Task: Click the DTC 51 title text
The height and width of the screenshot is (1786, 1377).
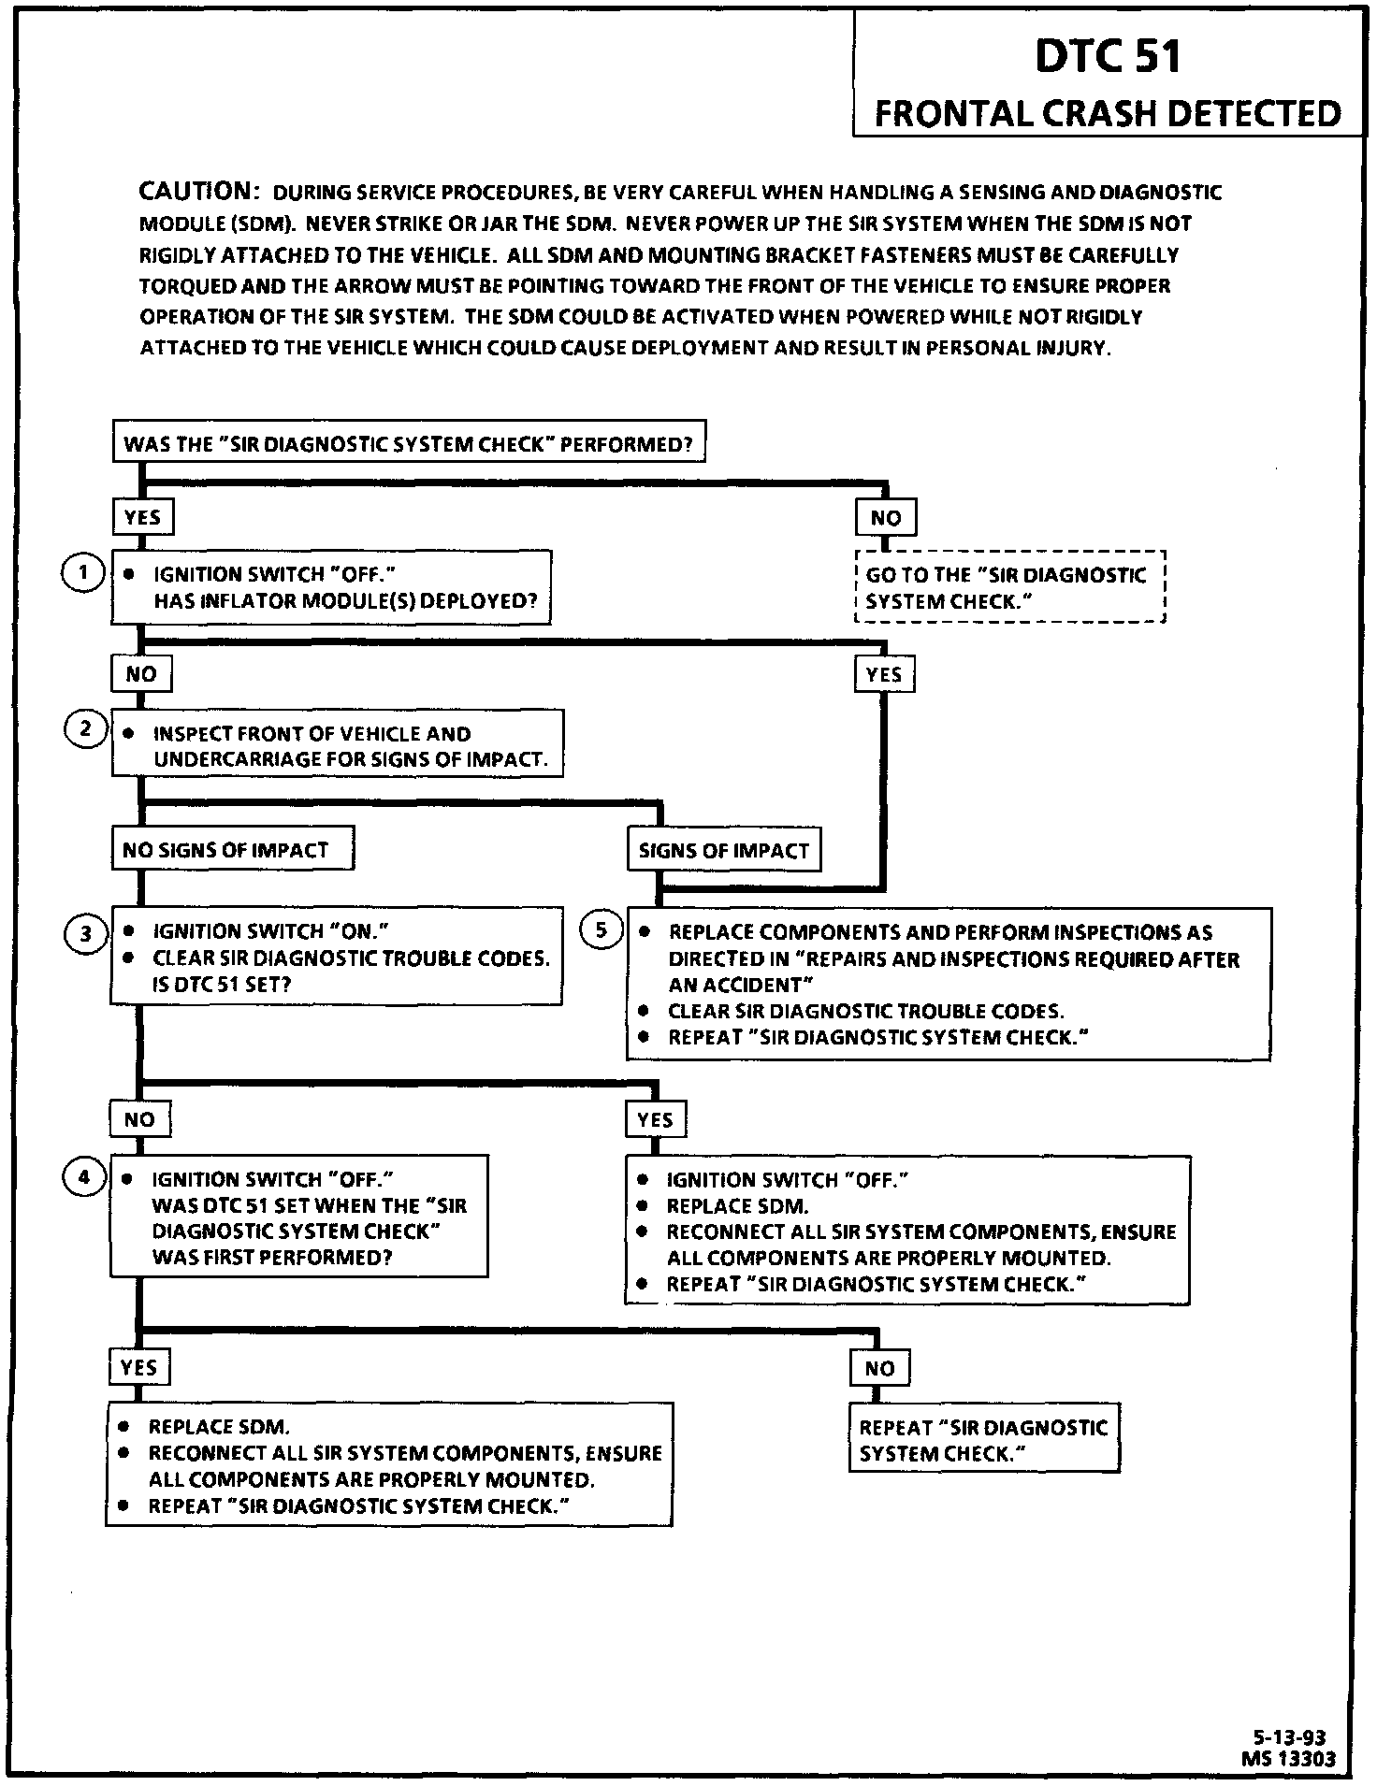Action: [x=1108, y=57]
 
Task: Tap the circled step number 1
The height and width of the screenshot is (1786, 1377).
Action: [x=83, y=572]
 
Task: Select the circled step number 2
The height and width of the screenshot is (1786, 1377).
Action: [x=85, y=728]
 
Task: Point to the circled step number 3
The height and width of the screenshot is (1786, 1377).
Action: [x=85, y=933]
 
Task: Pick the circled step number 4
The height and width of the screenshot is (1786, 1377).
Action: [x=84, y=1177]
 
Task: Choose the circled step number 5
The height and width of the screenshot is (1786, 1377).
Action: [x=602, y=929]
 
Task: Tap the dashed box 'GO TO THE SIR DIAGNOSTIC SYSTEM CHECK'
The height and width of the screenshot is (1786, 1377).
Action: [x=1009, y=587]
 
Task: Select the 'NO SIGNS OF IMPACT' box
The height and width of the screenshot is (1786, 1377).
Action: [x=232, y=849]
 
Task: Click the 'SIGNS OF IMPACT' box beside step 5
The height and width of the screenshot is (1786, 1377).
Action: [x=723, y=850]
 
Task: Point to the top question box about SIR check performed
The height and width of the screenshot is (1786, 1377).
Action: [x=408, y=443]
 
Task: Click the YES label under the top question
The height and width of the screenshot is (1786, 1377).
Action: [x=142, y=517]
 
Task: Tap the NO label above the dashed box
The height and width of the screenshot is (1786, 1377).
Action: [x=885, y=517]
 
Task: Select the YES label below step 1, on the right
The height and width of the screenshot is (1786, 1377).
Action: [x=884, y=674]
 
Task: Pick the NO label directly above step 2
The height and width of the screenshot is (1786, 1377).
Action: [x=141, y=673]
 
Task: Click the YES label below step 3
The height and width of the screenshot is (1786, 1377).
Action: [x=655, y=1119]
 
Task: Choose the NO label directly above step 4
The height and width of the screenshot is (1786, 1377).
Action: [x=139, y=1119]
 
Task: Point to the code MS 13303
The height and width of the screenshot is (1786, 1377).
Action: [x=1288, y=1759]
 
